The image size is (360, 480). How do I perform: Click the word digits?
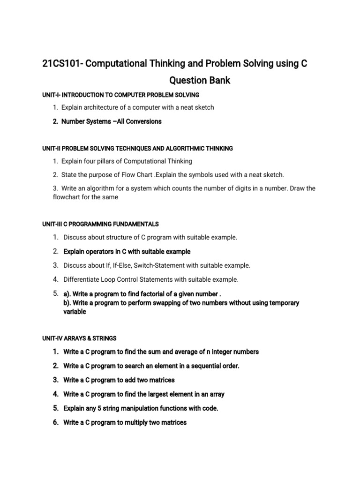pyautogui.click(x=234, y=188)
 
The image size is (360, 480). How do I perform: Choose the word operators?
pyautogui.click(x=101, y=252)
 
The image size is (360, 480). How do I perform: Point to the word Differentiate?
pyautogui.click(x=82, y=279)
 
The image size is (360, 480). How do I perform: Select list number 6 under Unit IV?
pyautogui.click(x=55, y=422)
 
